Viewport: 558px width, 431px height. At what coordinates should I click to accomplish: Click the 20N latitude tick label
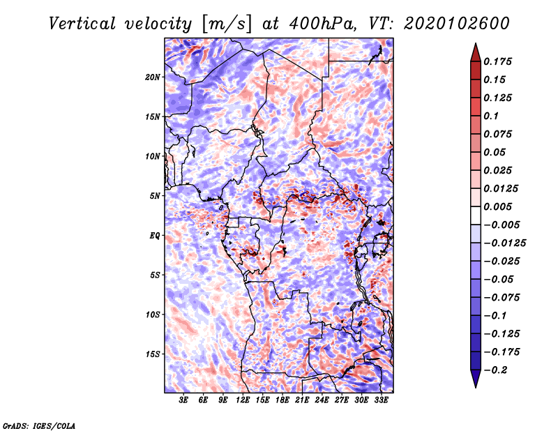coord(153,77)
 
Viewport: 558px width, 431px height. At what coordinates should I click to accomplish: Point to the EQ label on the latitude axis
coord(155,236)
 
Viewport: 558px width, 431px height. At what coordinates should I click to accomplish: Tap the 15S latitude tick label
coord(153,354)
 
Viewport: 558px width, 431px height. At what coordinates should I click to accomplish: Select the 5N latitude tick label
coord(155,196)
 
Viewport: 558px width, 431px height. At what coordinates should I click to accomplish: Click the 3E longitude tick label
coord(183,400)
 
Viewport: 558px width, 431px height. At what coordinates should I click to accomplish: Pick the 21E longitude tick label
coord(302,400)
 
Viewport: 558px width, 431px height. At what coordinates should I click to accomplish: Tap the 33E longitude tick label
coord(381,400)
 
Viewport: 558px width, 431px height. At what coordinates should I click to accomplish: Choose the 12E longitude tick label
coord(243,400)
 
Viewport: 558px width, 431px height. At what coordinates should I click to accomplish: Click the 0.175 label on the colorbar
coord(497,61)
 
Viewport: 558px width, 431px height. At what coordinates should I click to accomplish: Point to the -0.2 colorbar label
coord(495,370)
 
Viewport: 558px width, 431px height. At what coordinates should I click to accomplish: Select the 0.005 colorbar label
coord(497,206)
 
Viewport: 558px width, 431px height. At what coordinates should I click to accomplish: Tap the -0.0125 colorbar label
coord(504,243)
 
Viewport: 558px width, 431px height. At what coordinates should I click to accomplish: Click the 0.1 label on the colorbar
coord(491,116)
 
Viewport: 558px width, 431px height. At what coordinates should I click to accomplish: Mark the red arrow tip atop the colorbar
coord(476,43)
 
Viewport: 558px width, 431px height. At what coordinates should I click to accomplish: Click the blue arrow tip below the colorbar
coord(476,387)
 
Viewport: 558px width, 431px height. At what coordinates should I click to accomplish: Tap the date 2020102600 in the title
coord(457,24)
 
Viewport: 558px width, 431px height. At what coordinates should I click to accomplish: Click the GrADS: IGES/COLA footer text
coord(39,425)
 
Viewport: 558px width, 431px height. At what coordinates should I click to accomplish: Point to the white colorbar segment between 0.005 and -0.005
coord(476,215)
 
